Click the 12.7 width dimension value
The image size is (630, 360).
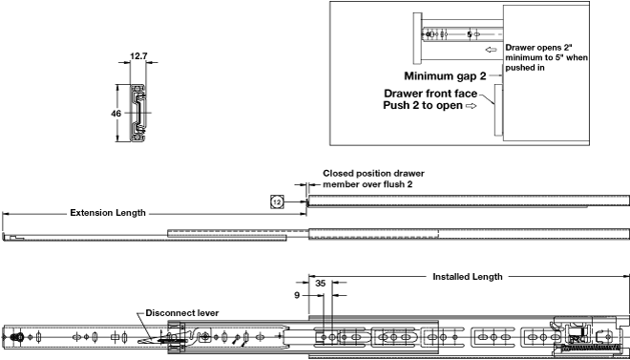point(138,56)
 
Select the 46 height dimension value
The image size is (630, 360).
point(116,114)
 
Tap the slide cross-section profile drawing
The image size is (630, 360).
point(137,113)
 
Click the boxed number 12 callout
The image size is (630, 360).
point(277,202)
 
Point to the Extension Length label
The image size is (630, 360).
point(108,213)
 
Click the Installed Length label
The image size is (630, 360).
point(468,277)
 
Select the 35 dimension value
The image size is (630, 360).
point(320,284)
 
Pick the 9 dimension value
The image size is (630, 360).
point(297,295)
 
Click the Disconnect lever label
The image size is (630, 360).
point(182,313)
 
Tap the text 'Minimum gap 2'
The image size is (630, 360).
point(445,76)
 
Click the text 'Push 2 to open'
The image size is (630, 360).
point(423,106)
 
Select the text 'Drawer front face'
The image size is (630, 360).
point(430,94)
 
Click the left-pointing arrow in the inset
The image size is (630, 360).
point(491,50)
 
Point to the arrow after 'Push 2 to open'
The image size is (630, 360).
point(471,106)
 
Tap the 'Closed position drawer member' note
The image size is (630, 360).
point(373,179)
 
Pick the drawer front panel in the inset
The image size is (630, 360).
point(498,110)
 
